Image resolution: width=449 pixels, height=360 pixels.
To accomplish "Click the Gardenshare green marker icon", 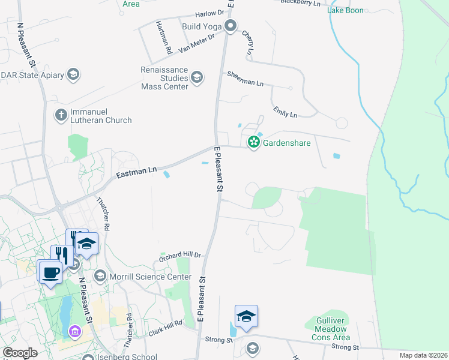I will coord(254,142).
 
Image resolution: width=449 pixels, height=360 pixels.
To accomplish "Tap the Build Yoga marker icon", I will coord(230,26).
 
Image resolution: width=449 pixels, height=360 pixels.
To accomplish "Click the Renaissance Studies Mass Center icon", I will coord(197,77).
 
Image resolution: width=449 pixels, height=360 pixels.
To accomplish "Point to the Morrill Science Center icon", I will coord(100,276).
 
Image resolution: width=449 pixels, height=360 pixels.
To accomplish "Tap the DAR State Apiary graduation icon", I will coord(73,74).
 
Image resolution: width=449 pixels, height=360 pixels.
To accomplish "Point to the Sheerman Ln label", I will coord(245,79).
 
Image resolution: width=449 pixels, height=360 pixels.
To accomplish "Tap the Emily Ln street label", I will coord(285,112).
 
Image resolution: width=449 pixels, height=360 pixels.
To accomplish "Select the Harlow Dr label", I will coord(209,13).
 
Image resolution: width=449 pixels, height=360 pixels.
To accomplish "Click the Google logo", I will coord(20,353).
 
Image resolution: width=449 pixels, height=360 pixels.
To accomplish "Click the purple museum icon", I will coord(74,331).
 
